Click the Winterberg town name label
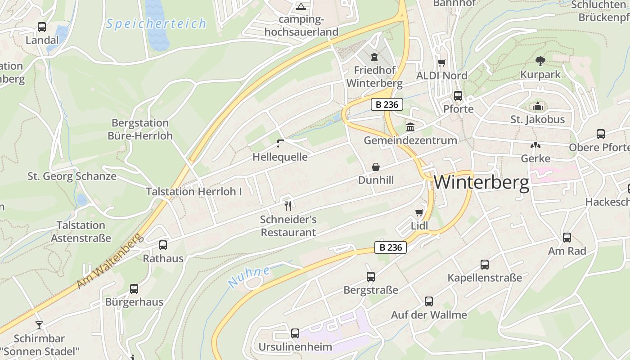point(481,183)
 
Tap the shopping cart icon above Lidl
point(419,212)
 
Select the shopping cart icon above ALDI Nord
point(442,63)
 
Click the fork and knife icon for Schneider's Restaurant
point(288,206)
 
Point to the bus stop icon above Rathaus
point(163,245)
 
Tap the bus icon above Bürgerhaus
point(134,289)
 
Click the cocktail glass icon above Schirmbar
point(39,325)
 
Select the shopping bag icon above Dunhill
point(376,167)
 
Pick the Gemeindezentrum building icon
point(410,127)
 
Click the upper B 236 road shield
point(387,104)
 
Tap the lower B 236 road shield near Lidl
point(391,247)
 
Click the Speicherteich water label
point(156,23)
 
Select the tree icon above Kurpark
point(540,61)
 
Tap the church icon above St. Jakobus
point(537,107)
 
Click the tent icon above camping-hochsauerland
point(301,6)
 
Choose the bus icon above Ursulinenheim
point(295,333)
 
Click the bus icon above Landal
point(42,27)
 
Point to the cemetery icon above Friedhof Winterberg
point(374,57)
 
